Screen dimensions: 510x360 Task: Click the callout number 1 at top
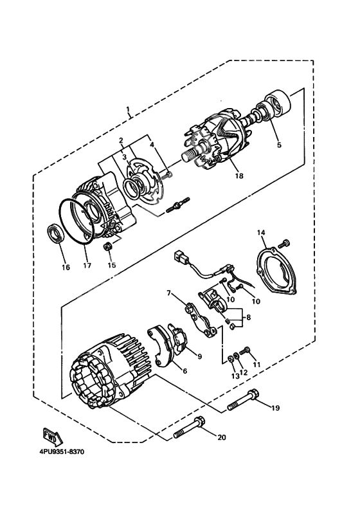(x=128, y=109)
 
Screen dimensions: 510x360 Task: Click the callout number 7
(x=169, y=293)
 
